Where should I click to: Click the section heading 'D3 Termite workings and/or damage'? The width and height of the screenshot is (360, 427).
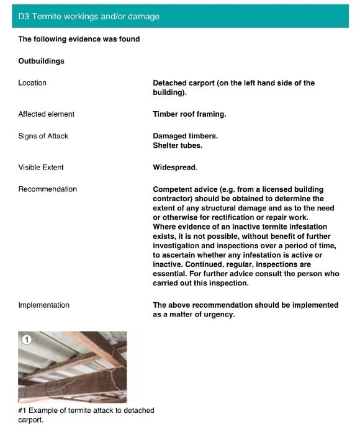coord(89,17)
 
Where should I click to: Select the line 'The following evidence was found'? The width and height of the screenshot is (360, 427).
coord(79,39)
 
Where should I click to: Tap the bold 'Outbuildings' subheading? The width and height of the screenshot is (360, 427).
coord(41,61)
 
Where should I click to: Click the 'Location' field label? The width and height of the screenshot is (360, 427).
coord(32,83)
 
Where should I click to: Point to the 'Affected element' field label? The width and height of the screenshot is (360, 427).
coord(46,114)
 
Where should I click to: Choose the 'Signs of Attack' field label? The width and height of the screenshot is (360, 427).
coord(43,136)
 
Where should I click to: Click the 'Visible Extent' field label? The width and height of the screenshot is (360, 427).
coord(41,167)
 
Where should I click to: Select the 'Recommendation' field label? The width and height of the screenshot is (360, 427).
coord(47,189)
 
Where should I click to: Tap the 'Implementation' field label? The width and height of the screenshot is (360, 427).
coord(43,305)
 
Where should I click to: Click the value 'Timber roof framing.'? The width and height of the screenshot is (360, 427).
coord(189,114)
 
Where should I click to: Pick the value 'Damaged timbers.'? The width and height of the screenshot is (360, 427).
coord(185,136)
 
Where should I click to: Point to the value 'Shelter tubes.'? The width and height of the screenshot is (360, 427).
coord(178,145)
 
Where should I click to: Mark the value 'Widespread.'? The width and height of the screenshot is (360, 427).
coord(175,167)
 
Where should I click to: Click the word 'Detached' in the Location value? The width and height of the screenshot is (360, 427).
coord(170,83)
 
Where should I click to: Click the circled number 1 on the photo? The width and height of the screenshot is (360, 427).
coord(26,339)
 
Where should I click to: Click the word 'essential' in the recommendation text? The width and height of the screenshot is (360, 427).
coord(171,274)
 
